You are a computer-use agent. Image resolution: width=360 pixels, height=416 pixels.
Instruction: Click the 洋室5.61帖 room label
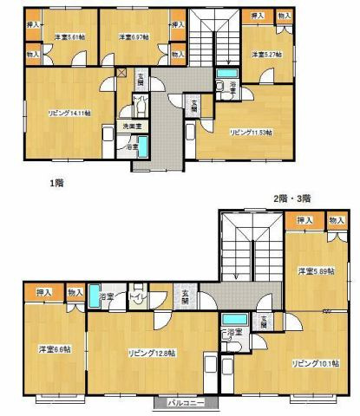pos(68,37)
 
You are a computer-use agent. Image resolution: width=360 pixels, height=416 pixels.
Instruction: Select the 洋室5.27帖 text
pos(264,54)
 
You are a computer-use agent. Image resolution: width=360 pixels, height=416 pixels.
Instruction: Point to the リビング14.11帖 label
pos(69,114)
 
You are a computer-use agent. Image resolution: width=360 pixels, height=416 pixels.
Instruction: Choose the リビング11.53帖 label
pos(251,133)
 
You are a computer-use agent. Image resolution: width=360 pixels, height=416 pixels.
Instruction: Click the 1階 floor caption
pos(57,184)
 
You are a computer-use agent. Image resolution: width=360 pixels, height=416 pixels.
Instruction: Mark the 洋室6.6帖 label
pos(54,349)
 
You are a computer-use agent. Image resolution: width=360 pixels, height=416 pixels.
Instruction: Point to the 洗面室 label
pos(132,127)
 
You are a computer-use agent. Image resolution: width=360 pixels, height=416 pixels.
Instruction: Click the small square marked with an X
pos(121,73)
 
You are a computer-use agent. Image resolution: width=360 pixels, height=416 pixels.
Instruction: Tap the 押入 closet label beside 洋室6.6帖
pos(44,293)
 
